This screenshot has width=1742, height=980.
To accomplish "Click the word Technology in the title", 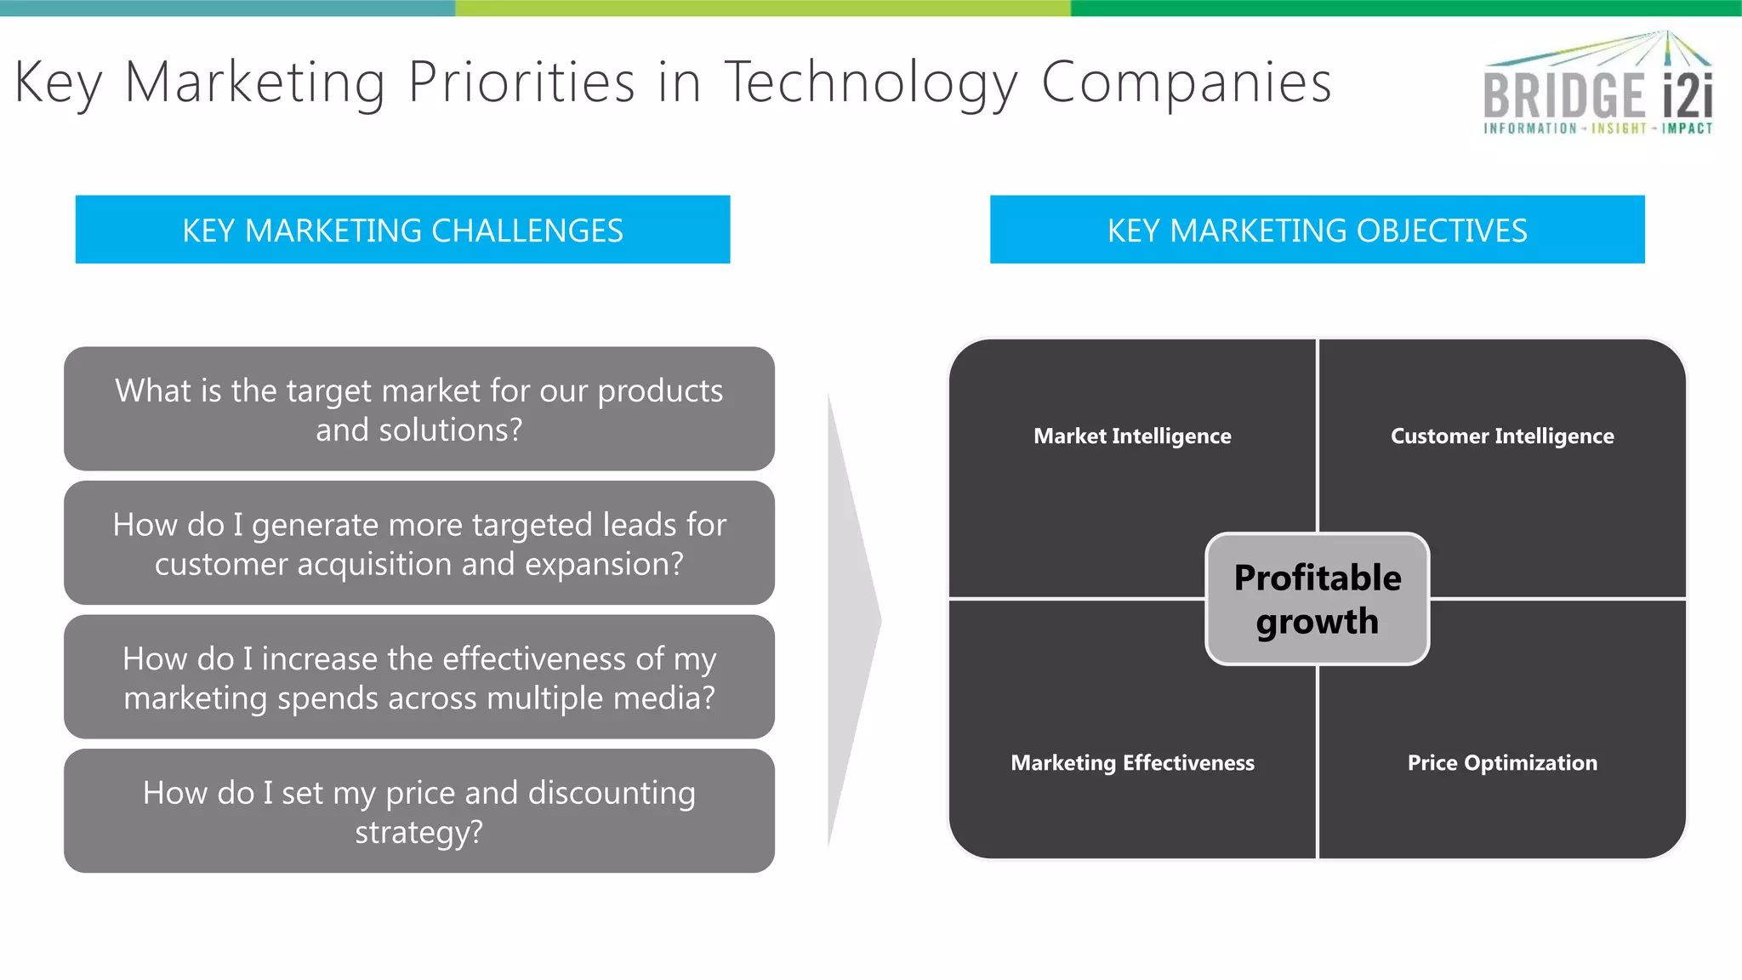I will click(x=870, y=83).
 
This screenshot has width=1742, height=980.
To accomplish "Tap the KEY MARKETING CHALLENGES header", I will click(x=402, y=230).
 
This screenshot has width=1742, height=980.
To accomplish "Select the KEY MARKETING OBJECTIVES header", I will click(x=1317, y=230).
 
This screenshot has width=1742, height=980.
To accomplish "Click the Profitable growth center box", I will click(x=1317, y=599).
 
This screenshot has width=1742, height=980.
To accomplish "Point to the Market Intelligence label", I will click(x=1132, y=436).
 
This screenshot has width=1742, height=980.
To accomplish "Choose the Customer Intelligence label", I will click(x=1502, y=436).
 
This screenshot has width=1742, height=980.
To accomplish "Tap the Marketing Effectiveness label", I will click(x=1132, y=763).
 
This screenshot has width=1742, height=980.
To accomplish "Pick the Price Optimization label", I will click(x=1502, y=763).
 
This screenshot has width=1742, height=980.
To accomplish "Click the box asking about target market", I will click(x=418, y=409).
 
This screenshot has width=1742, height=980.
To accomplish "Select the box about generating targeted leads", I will click(x=418, y=544).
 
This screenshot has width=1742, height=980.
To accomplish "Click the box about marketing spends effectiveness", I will click(x=418, y=677).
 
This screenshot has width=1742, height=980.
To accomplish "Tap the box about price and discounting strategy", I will click(x=418, y=811).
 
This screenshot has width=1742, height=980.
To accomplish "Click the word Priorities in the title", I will click(x=521, y=83).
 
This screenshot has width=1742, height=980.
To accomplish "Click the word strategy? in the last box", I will click(x=418, y=832).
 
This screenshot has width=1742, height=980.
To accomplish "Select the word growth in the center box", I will click(x=1317, y=622).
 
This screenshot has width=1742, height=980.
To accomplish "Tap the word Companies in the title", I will click(x=1186, y=83).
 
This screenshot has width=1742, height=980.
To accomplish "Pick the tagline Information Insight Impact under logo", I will click(x=1597, y=128).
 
